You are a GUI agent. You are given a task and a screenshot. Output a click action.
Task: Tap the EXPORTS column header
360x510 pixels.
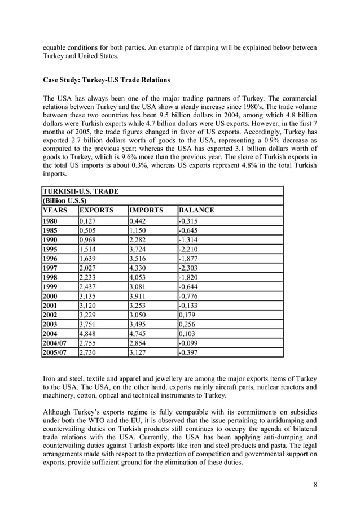click(96, 211)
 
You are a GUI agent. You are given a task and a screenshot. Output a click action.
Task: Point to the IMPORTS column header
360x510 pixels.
click(146, 211)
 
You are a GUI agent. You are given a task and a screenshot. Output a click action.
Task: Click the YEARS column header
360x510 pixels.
click(55, 211)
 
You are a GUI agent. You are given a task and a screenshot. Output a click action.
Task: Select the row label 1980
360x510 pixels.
click(51, 221)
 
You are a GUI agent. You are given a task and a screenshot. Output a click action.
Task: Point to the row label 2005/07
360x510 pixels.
click(56, 352)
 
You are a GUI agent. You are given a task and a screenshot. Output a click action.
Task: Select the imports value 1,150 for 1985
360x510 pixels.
click(139, 230)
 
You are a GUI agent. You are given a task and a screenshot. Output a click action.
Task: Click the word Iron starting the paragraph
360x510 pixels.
click(51, 378)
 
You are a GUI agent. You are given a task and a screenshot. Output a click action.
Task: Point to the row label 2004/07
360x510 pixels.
click(56, 343)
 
